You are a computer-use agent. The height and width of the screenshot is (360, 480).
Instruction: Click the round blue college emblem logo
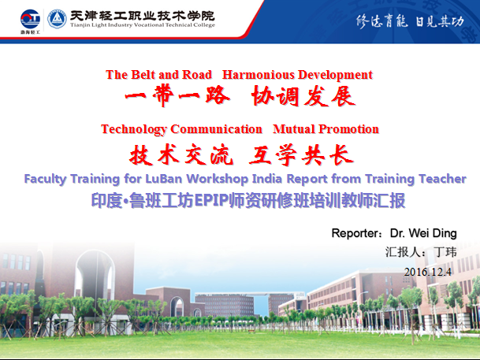[x=57, y=19]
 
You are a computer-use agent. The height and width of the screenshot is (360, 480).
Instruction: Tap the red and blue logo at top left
[x=30, y=20]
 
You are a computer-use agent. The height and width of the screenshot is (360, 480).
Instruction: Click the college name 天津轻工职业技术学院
[x=143, y=15]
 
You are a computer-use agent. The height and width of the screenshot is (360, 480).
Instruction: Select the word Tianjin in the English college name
[x=80, y=25]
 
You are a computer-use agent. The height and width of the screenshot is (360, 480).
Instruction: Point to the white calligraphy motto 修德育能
[x=381, y=21]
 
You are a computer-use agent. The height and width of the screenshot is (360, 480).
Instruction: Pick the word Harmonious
[x=259, y=75]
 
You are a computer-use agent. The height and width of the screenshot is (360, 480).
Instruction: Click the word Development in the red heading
[x=335, y=75]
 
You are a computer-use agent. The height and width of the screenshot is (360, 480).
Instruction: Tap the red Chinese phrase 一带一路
[x=177, y=96]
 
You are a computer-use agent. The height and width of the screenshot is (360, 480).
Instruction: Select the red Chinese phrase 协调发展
[x=303, y=96]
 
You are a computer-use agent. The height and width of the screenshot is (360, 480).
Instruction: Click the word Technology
[x=134, y=129]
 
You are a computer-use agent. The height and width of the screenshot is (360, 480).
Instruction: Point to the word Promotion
[x=348, y=129]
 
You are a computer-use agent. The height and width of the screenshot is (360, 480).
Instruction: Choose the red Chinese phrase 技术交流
[x=181, y=154]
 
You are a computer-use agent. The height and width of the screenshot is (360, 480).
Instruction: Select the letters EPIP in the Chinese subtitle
[x=212, y=201]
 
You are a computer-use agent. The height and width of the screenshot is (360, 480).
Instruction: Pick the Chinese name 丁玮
[x=445, y=252]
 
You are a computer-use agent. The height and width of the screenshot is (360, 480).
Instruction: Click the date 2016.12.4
[x=428, y=272]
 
